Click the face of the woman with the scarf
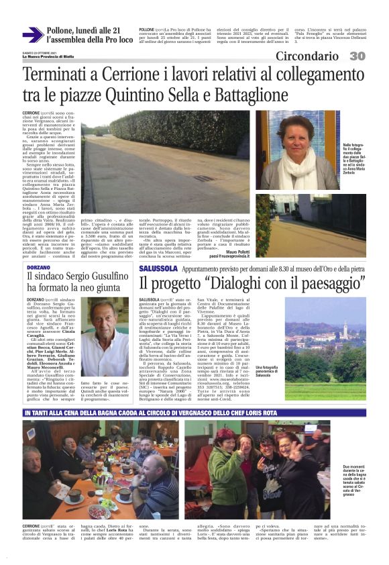pyautogui.click(x=296, y=138)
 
